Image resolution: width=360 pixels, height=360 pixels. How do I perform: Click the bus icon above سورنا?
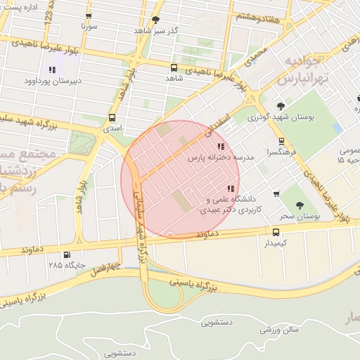pyautogui.click(x=88, y=15)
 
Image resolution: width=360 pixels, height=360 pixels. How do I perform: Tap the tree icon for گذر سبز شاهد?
pyautogui.click(x=155, y=20)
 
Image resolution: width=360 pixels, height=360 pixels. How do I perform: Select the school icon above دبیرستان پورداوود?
pyautogui.click(x=51, y=70)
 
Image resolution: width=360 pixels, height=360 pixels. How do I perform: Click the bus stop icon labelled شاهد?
pyautogui.click(x=174, y=67)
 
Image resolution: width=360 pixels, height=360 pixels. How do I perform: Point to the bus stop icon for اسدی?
pyautogui.click(x=112, y=118)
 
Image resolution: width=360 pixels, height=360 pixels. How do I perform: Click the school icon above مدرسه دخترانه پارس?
pyautogui.click(x=221, y=147)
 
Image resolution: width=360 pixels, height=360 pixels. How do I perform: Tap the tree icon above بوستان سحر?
pyautogui.click(x=300, y=205)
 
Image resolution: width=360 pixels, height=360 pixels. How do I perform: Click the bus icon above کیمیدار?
pyautogui.click(x=276, y=232)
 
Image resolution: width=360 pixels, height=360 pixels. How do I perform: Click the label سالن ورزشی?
pyautogui.click(x=280, y=329)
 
